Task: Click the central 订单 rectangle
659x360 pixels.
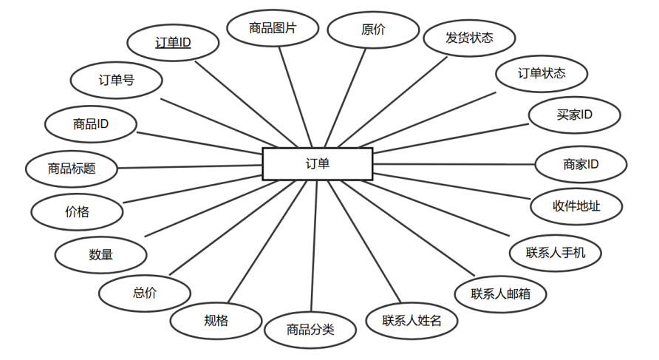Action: [318, 163]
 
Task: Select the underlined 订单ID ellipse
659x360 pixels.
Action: [174, 43]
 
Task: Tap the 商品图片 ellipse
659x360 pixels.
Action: [273, 29]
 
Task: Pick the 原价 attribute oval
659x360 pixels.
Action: [373, 30]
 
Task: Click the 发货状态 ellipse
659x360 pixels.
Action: [469, 37]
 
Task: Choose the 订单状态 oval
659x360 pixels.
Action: [542, 73]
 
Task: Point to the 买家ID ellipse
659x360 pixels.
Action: [575, 115]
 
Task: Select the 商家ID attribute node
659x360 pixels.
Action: [581, 164]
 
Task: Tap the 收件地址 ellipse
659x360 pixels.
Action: [576, 206]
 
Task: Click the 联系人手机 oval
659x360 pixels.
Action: [556, 252]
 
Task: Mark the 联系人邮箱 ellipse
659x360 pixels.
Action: [501, 293]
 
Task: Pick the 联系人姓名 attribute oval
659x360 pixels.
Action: [412, 321]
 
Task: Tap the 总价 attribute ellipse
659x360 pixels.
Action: [145, 293]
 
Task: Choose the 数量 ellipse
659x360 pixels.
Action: [101, 254]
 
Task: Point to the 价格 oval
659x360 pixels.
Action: [77, 211]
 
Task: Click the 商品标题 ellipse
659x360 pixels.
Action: [72, 169]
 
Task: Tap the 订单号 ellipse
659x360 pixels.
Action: [116, 80]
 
